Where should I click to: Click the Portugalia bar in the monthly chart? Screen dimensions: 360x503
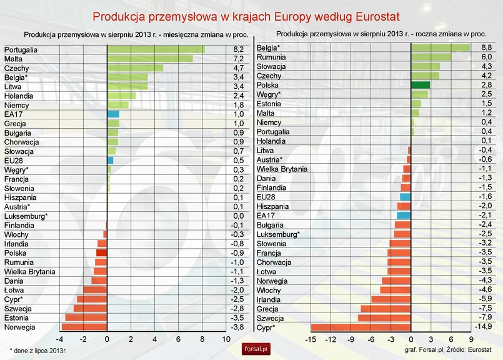(x=156, y=49)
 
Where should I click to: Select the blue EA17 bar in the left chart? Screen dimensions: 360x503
(x=113, y=114)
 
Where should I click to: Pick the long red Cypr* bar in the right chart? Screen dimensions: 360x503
(x=361, y=327)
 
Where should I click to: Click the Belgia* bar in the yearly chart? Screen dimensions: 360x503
(x=440, y=47)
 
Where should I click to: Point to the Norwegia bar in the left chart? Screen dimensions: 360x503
(x=84, y=327)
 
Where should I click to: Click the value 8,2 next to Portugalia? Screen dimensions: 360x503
(x=239, y=49)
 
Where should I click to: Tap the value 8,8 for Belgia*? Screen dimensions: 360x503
(x=486, y=47)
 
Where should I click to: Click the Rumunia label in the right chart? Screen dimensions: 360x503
(x=271, y=57)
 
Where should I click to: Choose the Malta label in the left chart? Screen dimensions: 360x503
(x=13, y=59)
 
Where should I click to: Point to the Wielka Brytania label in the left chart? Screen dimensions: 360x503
(x=29, y=272)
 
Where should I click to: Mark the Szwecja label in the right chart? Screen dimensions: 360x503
(x=270, y=318)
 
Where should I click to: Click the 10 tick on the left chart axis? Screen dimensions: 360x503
(x=226, y=339)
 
